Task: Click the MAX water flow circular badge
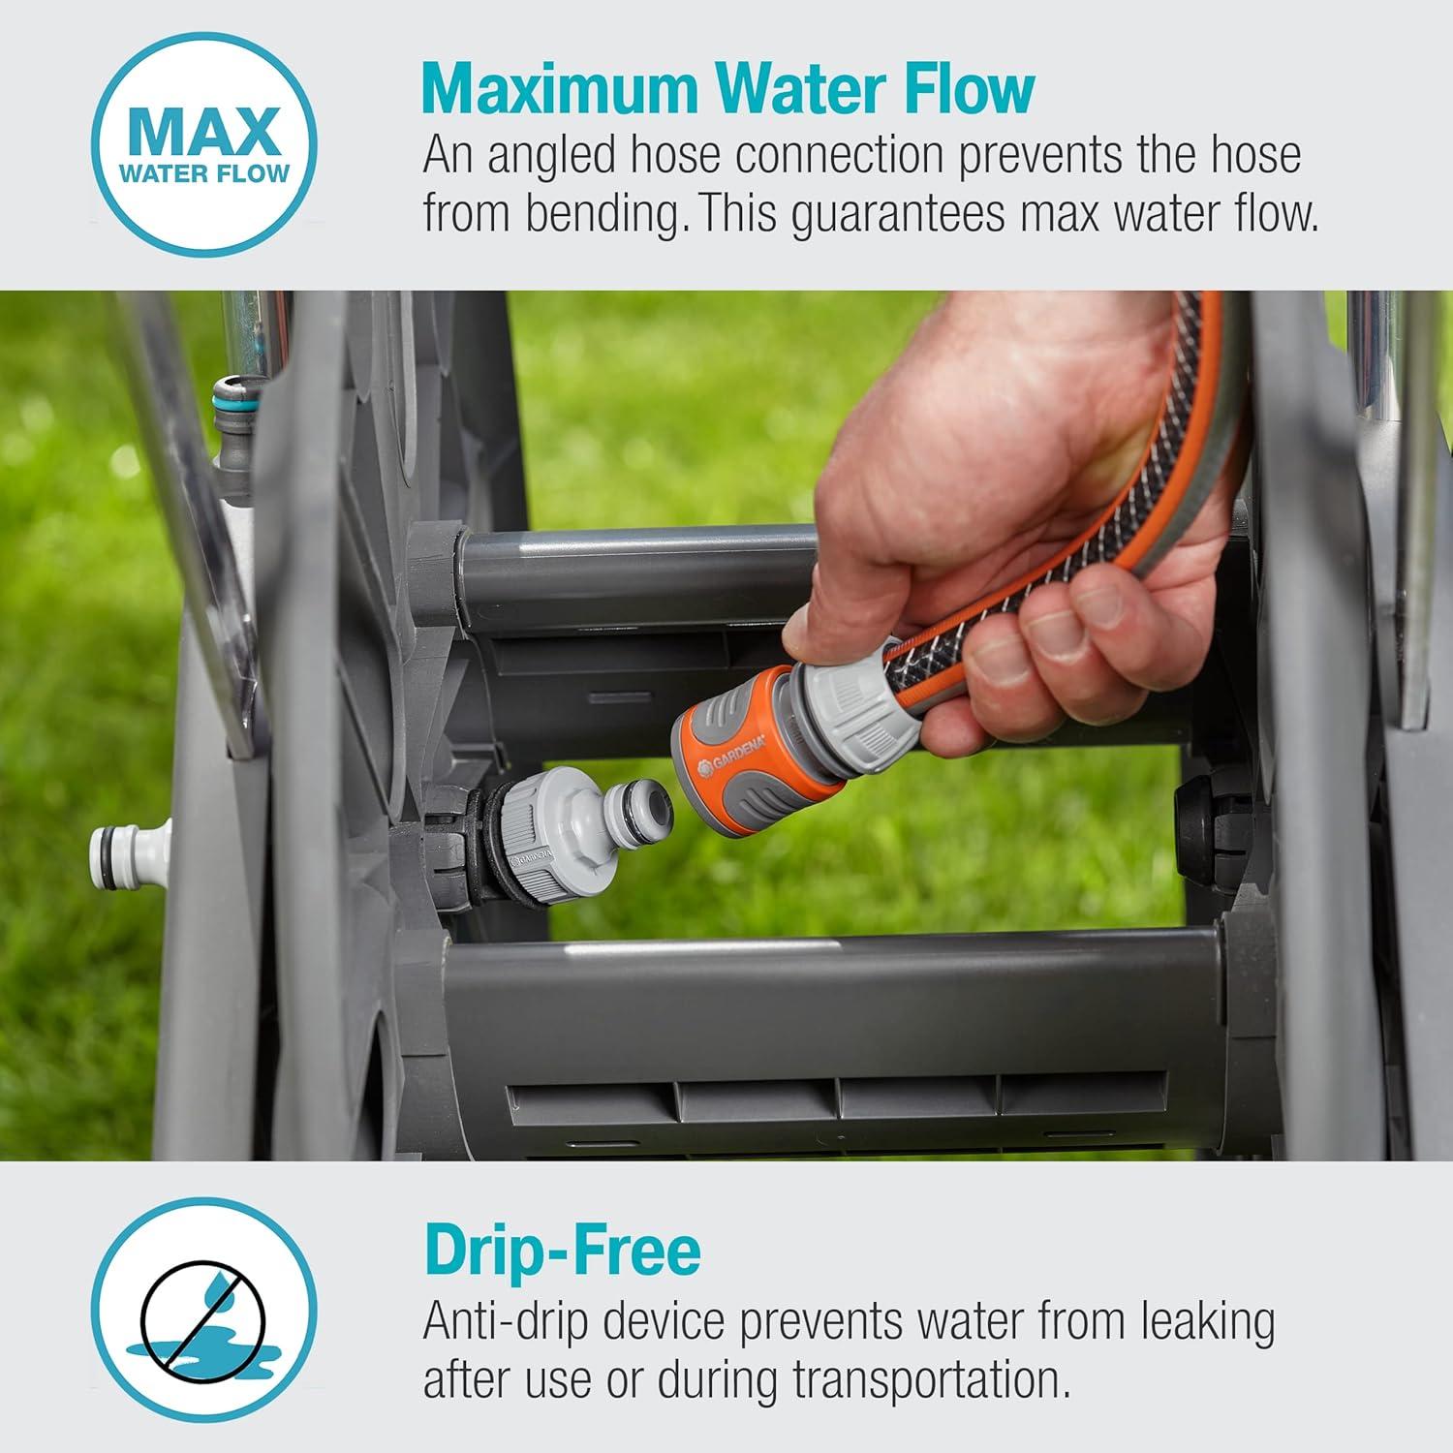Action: click(x=203, y=142)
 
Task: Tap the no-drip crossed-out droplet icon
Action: click(x=203, y=1310)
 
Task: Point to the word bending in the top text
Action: click(x=600, y=214)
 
